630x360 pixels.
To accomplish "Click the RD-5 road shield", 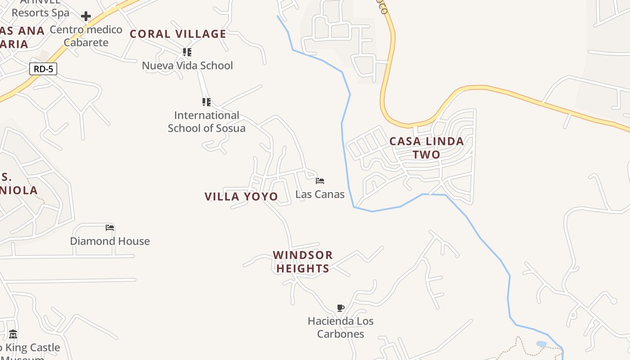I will click(43, 69).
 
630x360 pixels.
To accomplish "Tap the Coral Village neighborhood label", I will click(178, 34).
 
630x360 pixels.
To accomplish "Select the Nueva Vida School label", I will click(187, 66).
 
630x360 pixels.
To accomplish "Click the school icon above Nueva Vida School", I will click(187, 52).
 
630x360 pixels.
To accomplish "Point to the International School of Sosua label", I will click(207, 121).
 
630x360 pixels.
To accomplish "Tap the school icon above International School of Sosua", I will click(207, 102).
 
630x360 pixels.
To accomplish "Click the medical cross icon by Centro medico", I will click(85, 17).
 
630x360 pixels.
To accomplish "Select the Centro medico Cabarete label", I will click(86, 36).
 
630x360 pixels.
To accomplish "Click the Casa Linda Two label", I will click(426, 148).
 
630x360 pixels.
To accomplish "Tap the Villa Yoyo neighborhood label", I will click(241, 197).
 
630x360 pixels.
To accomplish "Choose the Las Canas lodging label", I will click(320, 194).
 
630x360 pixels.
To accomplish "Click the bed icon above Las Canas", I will click(320, 181).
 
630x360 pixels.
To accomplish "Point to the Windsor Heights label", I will click(303, 261).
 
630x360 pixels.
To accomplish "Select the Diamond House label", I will click(110, 241).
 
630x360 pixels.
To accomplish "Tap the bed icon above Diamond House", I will click(110, 228).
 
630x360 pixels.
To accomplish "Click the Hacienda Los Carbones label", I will click(341, 328).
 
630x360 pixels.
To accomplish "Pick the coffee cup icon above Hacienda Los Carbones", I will click(341, 308).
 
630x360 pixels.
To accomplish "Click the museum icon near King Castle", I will click(13, 334).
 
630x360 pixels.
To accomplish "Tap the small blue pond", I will click(541, 344).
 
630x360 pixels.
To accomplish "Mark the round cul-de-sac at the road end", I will click(612, 300).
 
